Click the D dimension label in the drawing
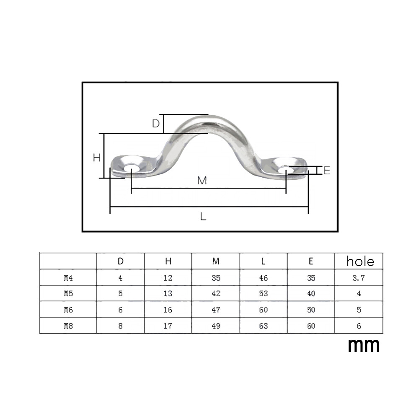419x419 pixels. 156,124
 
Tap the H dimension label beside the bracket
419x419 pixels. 97,158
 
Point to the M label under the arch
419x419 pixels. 202,181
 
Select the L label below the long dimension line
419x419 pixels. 203,216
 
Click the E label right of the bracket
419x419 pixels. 327,171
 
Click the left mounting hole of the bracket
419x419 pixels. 132,169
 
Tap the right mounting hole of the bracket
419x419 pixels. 286,170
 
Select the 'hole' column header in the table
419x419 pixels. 360,261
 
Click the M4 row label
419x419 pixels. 68,278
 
